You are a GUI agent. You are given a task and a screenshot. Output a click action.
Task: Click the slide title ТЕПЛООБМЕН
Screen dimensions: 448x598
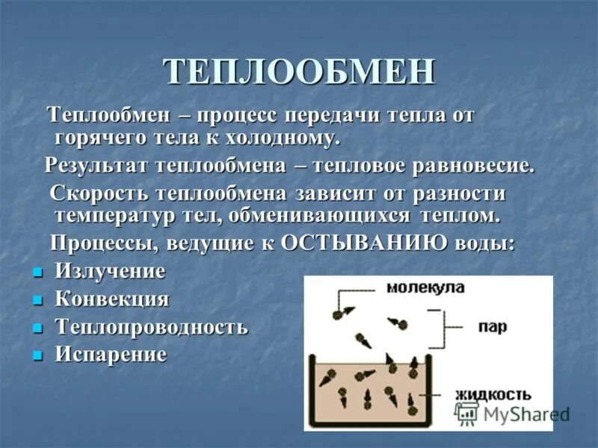299,72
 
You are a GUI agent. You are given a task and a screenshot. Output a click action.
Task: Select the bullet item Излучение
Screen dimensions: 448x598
110,272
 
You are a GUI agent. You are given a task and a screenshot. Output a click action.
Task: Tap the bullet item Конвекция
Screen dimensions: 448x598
112,299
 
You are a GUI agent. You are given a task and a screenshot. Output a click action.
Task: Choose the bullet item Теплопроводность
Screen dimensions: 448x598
151,327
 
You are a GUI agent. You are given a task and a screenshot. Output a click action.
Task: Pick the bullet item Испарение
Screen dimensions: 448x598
111,354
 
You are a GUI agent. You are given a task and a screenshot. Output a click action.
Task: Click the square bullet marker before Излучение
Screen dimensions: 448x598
37,273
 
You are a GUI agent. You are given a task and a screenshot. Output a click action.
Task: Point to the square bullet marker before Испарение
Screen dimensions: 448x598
37,355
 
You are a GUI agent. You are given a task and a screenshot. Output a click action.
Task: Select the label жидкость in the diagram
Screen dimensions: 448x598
493,394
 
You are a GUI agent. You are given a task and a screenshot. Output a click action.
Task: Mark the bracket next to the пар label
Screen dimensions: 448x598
454,327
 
